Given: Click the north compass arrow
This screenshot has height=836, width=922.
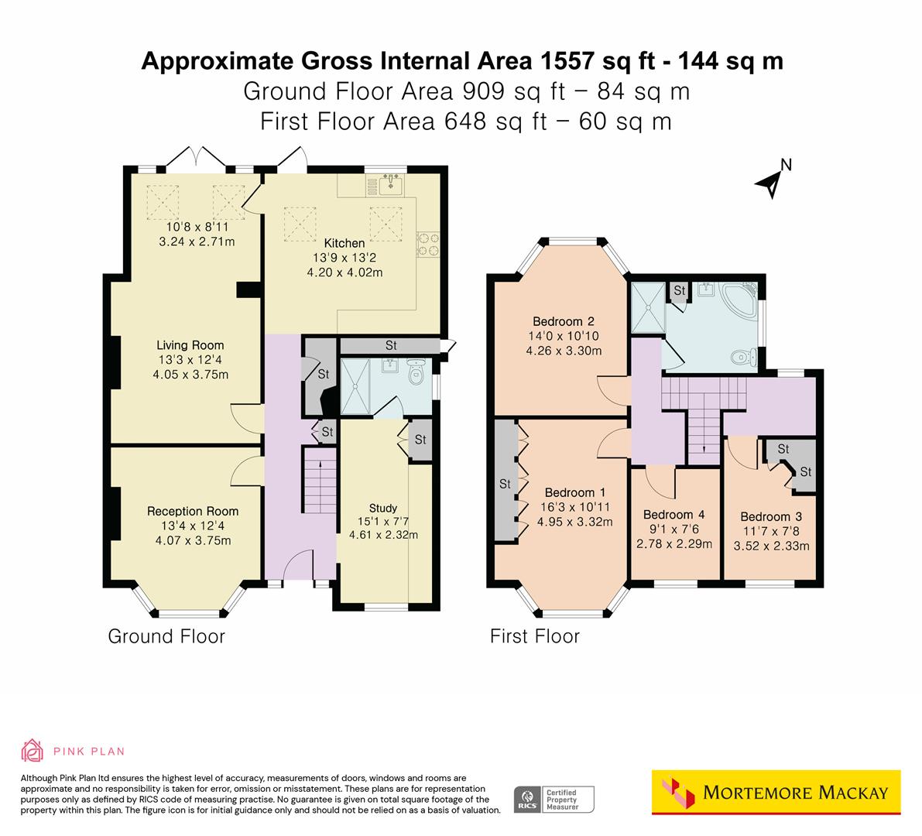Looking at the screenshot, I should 769,183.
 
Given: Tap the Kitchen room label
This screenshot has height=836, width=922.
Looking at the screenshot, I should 344,243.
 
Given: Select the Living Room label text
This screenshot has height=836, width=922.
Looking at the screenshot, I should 190,345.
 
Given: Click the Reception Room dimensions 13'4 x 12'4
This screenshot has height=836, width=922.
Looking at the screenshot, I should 192,526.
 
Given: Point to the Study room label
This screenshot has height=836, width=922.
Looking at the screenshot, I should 383,509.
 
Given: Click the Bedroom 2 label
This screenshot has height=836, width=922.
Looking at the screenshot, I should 564,321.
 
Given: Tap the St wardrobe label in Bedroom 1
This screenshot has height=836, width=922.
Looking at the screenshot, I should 505,484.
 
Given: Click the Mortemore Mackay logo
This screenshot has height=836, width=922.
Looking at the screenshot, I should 776,792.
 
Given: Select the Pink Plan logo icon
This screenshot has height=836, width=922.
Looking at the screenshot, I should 33,750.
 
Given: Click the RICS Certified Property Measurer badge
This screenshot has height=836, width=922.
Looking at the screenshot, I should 554,799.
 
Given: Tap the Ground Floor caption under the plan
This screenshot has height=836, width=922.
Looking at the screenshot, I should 166,636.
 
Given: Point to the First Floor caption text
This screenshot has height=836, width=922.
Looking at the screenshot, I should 534,636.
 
